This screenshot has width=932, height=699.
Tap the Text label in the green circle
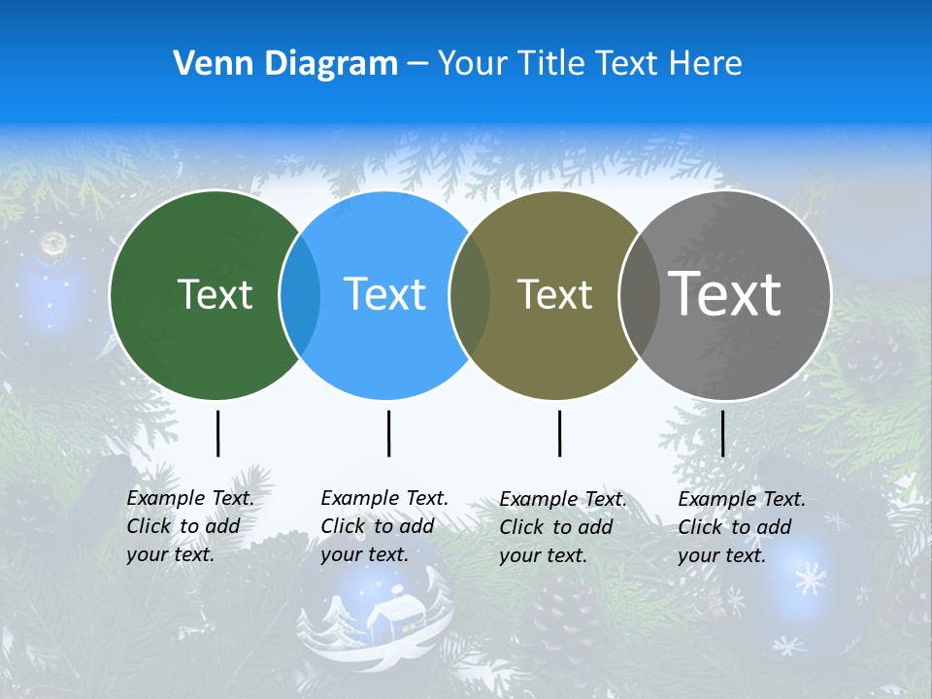[215, 294]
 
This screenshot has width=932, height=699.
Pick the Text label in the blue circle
[385, 294]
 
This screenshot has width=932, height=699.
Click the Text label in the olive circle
[554, 294]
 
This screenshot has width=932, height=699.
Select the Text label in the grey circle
[725, 294]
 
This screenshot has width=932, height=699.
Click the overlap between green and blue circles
[300, 295]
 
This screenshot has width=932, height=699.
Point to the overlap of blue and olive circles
[471, 295]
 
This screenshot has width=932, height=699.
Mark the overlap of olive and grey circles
[638, 295]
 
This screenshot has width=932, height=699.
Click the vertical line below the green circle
[218, 433]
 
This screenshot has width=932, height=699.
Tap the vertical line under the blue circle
[389, 433]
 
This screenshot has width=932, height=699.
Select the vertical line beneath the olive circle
[560, 433]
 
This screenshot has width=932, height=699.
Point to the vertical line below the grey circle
[723, 433]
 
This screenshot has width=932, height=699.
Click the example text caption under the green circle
[189, 526]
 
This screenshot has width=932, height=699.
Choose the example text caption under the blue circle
[383, 526]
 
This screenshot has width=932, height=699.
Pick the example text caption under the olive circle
[562, 527]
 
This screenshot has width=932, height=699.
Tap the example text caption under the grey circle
[741, 527]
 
